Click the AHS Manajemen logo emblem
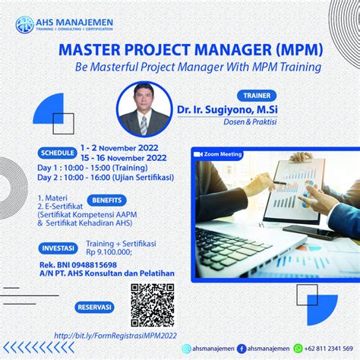coord(25,22)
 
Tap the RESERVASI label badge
coord(94,308)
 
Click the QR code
coord(152,304)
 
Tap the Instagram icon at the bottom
coord(187,348)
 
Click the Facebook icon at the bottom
coord(241,348)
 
